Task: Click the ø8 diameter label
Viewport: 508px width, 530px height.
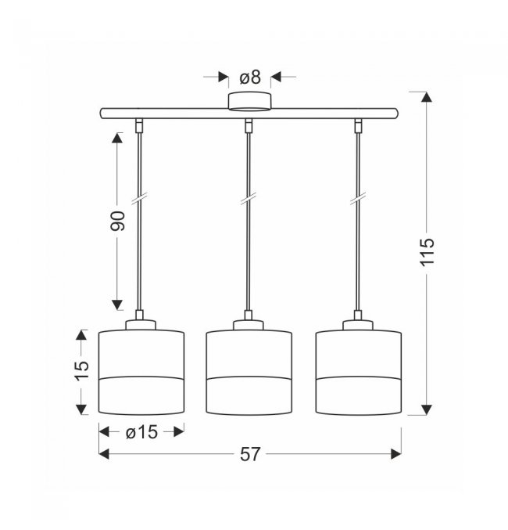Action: (x=250, y=78)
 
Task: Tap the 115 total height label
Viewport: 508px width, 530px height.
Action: (x=427, y=252)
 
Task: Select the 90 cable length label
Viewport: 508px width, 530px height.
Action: (x=117, y=221)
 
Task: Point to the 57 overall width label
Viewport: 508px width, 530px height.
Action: (x=250, y=454)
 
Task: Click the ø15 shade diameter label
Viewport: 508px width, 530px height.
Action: (x=141, y=432)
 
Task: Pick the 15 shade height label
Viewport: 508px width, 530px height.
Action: (x=82, y=372)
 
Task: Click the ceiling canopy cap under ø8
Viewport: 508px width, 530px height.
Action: (x=249, y=102)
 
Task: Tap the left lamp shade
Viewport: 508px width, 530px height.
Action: (x=141, y=372)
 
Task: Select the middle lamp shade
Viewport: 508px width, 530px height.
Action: (x=249, y=372)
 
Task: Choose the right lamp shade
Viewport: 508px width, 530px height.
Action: (x=359, y=372)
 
